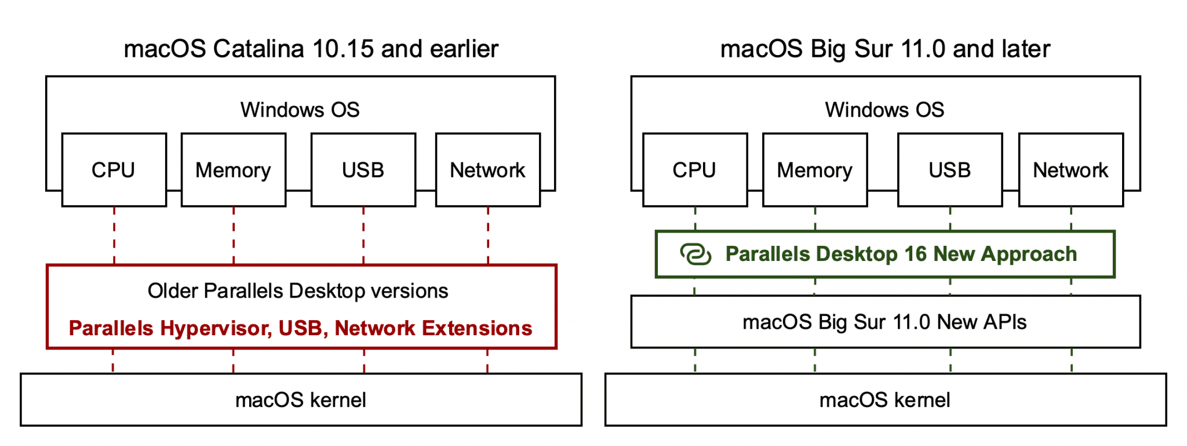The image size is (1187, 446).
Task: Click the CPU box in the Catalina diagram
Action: (114, 170)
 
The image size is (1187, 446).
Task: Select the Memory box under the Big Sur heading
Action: (814, 170)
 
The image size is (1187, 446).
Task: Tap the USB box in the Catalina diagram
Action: (363, 170)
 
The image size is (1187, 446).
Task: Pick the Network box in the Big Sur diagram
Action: (1071, 170)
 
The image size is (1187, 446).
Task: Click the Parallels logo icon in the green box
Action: (695, 254)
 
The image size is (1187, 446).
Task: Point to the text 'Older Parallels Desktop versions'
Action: (298, 291)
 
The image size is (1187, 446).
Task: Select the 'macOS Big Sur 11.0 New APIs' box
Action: (885, 322)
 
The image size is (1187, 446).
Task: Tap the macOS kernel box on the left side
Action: (301, 400)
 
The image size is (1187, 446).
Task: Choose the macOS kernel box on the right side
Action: (885, 400)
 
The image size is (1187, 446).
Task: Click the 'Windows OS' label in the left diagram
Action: (300, 110)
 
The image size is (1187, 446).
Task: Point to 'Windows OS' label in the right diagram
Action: (884, 110)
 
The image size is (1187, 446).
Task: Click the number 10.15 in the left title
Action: (343, 49)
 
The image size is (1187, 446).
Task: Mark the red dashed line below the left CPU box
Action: (114, 235)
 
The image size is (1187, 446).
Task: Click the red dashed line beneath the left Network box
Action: (488, 235)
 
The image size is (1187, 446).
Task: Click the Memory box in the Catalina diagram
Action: (233, 170)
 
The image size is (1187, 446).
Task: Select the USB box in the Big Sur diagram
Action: (949, 170)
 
